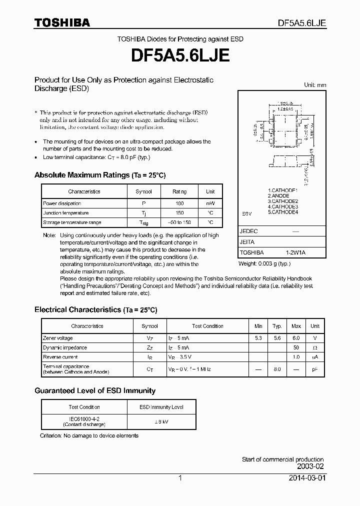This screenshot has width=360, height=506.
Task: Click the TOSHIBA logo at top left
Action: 62,23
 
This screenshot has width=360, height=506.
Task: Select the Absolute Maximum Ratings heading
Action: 99,175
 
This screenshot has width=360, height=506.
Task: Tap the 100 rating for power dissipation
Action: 179,203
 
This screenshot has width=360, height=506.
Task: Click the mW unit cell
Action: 210,203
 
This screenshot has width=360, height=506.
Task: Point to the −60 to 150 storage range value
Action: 179,222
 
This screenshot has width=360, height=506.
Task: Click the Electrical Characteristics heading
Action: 95,310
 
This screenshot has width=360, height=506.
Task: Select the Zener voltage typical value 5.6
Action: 277,338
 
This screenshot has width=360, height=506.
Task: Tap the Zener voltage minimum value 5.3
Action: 258,338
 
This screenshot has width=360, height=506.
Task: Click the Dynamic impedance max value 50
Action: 296,347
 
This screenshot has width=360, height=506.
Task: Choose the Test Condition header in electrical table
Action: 207,326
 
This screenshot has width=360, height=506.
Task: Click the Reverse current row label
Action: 60,357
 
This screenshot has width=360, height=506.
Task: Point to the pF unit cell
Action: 314,369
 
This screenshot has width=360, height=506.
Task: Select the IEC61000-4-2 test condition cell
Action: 84,420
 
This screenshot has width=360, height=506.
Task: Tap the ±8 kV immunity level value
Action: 161,420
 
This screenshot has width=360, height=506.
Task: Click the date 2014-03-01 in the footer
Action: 306,478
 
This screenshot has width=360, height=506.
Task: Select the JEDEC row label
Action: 248,231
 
